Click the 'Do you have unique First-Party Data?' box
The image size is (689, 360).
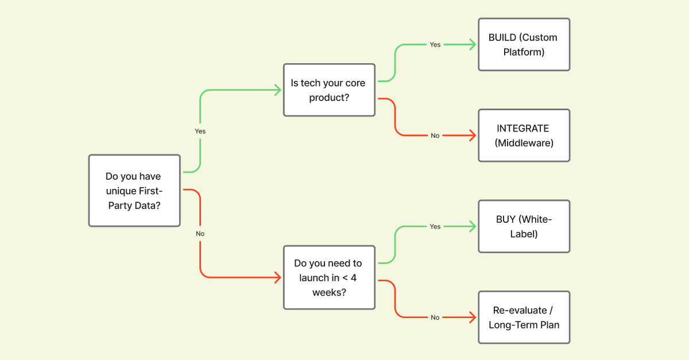point(134,191)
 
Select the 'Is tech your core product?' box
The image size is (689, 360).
point(329,90)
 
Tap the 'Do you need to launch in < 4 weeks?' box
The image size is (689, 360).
point(329,278)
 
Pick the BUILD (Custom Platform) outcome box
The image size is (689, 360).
point(524,45)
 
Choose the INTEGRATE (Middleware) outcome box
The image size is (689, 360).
point(524,136)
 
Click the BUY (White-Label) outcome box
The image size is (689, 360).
point(524,226)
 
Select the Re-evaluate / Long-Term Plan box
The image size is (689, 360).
point(524,318)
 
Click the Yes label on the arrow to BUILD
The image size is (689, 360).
point(435,45)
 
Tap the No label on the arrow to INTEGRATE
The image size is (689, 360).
point(435,136)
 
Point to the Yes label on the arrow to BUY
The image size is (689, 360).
point(435,226)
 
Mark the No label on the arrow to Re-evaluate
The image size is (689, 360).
point(435,318)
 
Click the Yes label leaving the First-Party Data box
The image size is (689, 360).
point(200,131)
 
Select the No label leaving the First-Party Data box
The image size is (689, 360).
point(200,234)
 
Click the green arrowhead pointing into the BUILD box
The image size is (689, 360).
point(473,45)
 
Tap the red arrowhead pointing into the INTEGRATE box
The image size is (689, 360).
point(473,136)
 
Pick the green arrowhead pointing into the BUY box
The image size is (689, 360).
point(473,226)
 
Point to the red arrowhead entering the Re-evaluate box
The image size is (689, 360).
point(473,318)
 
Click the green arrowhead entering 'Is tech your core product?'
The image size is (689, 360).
point(278,90)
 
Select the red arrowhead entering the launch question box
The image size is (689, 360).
point(278,278)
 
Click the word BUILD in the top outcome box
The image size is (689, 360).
point(501,38)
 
